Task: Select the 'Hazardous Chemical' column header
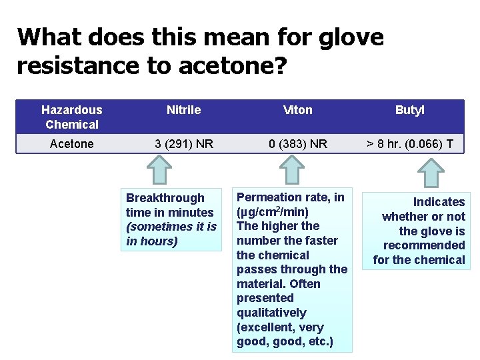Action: tap(72, 117)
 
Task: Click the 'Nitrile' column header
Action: tap(183, 110)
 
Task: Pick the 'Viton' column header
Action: tap(297, 110)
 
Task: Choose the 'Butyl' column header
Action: tap(409, 110)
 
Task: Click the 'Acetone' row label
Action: tap(72, 144)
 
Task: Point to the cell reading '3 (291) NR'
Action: tap(183, 144)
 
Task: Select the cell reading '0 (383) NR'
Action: tap(297, 144)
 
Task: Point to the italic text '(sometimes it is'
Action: tap(171, 227)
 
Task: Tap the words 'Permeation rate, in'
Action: tap(291, 197)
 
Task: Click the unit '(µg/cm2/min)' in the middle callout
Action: tap(273, 212)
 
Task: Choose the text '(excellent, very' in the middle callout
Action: tap(281, 327)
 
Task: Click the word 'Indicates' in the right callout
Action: tap(439, 202)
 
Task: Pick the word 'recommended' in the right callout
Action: tap(424, 245)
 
